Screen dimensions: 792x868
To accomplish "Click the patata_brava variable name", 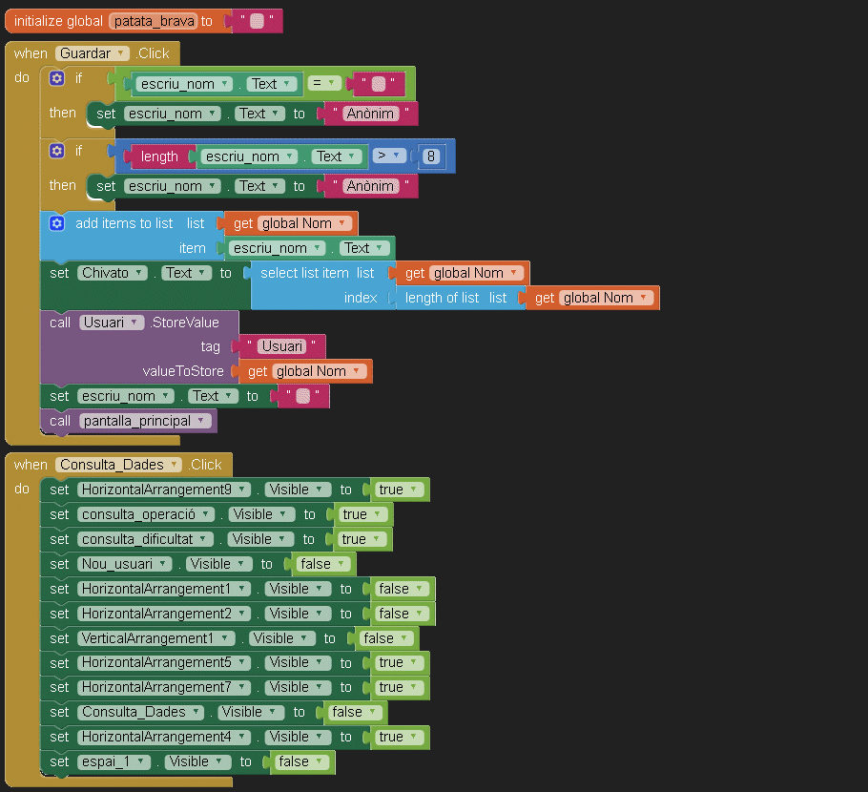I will point(153,21).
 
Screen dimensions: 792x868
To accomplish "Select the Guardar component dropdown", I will point(92,53).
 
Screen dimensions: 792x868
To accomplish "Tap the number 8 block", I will point(432,156).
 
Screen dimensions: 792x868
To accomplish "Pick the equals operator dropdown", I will point(325,83).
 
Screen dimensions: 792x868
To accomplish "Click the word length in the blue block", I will point(159,156).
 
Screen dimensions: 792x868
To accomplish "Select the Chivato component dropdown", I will point(113,273).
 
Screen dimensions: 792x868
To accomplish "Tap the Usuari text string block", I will point(282,346).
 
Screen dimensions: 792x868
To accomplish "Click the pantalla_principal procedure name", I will point(145,421).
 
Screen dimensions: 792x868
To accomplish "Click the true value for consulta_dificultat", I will point(360,539).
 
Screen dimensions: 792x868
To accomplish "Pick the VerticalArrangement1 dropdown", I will point(156,638).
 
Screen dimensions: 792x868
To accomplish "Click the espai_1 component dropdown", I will point(114,761).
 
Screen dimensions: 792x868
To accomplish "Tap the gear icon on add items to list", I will point(56,223).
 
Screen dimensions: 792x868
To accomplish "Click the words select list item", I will point(304,273).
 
